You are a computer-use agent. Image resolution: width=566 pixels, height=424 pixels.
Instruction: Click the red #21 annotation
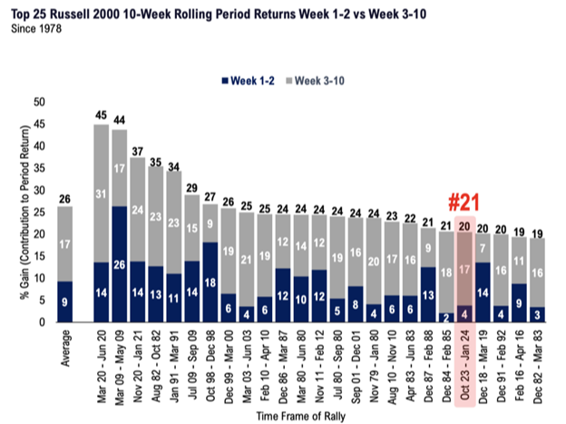464,202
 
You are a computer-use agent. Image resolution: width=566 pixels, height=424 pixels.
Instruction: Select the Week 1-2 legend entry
248,81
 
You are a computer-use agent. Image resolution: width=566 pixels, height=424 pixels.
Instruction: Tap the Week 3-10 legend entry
315,81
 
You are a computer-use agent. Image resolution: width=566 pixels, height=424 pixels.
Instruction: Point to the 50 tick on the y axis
39,103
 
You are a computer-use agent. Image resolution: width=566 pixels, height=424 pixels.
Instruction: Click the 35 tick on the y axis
39,169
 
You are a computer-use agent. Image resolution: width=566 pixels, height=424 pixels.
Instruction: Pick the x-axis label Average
65,349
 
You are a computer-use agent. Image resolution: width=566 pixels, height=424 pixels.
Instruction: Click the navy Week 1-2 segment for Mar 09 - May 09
120,264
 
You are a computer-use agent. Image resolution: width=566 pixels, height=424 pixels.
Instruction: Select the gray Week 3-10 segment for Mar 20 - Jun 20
102,193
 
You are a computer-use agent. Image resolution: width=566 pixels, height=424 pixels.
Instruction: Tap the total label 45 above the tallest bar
101,115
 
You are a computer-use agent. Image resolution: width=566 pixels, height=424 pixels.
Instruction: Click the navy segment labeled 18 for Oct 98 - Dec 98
210,282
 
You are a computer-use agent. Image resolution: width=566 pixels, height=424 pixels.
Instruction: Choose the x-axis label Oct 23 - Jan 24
464,365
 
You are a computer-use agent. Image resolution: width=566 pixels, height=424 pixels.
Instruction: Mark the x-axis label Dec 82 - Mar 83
538,367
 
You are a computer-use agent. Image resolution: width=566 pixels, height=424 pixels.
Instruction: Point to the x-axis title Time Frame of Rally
301,417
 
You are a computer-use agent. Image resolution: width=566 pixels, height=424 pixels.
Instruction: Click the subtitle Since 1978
36,28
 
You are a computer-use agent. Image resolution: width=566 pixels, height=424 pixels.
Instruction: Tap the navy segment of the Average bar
65,301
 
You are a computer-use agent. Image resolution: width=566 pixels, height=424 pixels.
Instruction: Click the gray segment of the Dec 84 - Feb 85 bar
446,272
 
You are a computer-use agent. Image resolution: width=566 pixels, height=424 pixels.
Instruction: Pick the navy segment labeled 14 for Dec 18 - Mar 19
483,292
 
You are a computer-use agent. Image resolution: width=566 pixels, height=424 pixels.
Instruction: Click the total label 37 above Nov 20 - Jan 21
138,151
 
